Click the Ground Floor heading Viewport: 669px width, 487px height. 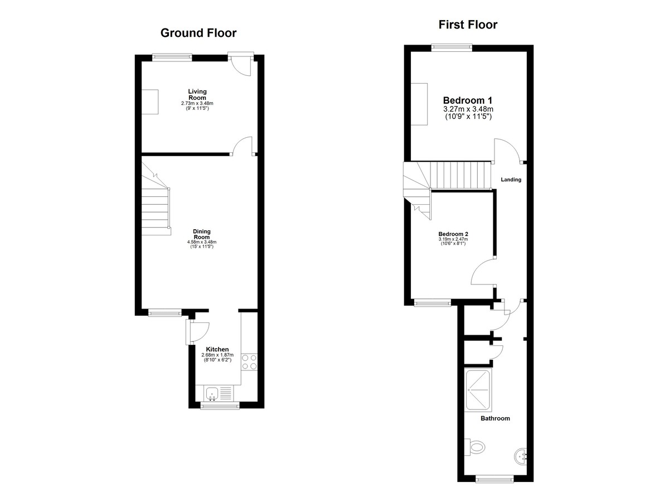coord(198,33)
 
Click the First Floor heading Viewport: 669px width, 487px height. coord(468,25)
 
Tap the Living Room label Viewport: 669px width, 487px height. coord(197,94)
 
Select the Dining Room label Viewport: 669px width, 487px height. coord(202,234)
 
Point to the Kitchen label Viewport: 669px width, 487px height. coord(217,349)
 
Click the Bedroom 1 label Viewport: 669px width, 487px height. coord(468,100)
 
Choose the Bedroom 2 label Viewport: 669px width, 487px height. coord(453,234)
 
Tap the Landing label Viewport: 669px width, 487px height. coord(511,180)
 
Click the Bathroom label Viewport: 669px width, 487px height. coord(495,418)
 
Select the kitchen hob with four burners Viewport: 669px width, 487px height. coord(249,362)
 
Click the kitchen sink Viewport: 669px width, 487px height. coord(219,393)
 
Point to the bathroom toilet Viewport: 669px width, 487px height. coord(475,447)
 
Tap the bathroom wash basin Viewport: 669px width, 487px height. coord(521,456)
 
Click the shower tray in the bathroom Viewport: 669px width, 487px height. coord(478,390)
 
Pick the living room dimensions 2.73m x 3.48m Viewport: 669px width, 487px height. coord(197,103)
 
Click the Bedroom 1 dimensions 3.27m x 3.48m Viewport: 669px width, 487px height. coord(468,109)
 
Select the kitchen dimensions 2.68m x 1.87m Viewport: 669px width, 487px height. coord(217,355)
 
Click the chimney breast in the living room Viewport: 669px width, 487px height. coord(149,102)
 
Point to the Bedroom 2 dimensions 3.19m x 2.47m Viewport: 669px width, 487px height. coord(453,239)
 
